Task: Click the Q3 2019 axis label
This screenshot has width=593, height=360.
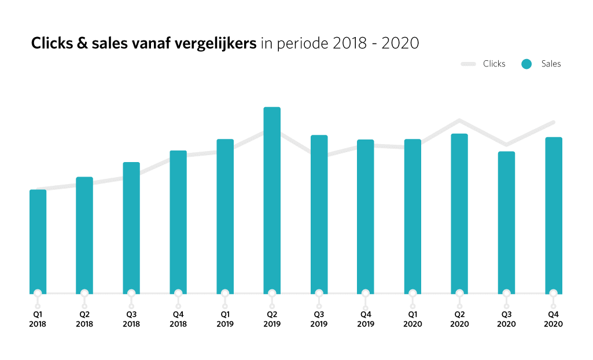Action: tap(319, 319)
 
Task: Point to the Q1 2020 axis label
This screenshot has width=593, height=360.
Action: tap(412, 319)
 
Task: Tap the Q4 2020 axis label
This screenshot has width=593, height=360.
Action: tap(553, 319)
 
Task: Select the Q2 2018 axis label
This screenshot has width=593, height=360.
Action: tap(84, 319)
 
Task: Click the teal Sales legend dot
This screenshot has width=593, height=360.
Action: tap(526, 64)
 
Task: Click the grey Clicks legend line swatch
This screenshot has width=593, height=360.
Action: tap(468, 64)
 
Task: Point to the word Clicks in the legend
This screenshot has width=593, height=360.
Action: tap(494, 64)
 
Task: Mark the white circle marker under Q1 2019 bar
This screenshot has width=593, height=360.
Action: tap(225, 293)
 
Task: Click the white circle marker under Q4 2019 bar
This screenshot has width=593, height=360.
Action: tap(366, 293)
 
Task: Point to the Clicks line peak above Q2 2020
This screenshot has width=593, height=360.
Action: tap(459, 120)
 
